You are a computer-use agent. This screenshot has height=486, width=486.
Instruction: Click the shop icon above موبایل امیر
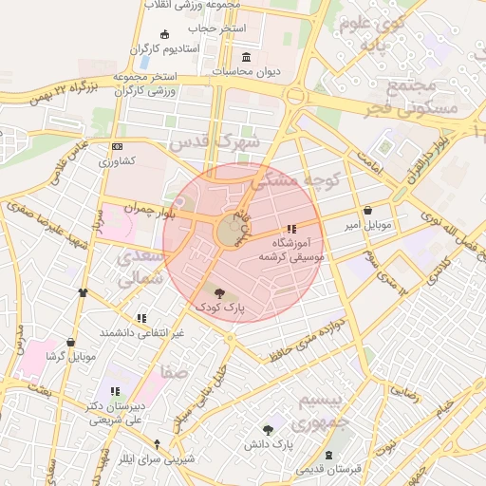367,211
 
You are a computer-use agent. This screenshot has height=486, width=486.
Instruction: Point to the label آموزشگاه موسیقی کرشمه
290,250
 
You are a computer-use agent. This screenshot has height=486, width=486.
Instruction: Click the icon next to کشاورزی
117,147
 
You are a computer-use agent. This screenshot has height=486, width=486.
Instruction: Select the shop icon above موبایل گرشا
70,343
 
